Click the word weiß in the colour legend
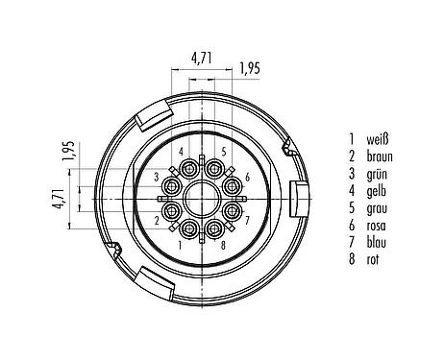[x=378, y=139]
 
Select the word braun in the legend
[x=380, y=156]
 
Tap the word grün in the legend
[x=377, y=175]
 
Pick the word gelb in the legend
[x=377, y=191]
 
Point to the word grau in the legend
[x=377, y=208]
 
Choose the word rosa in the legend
[x=376, y=226]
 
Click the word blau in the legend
[x=377, y=242]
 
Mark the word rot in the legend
[x=372, y=259]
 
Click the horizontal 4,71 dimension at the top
[x=202, y=59]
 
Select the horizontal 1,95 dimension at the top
[x=250, y=68]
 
